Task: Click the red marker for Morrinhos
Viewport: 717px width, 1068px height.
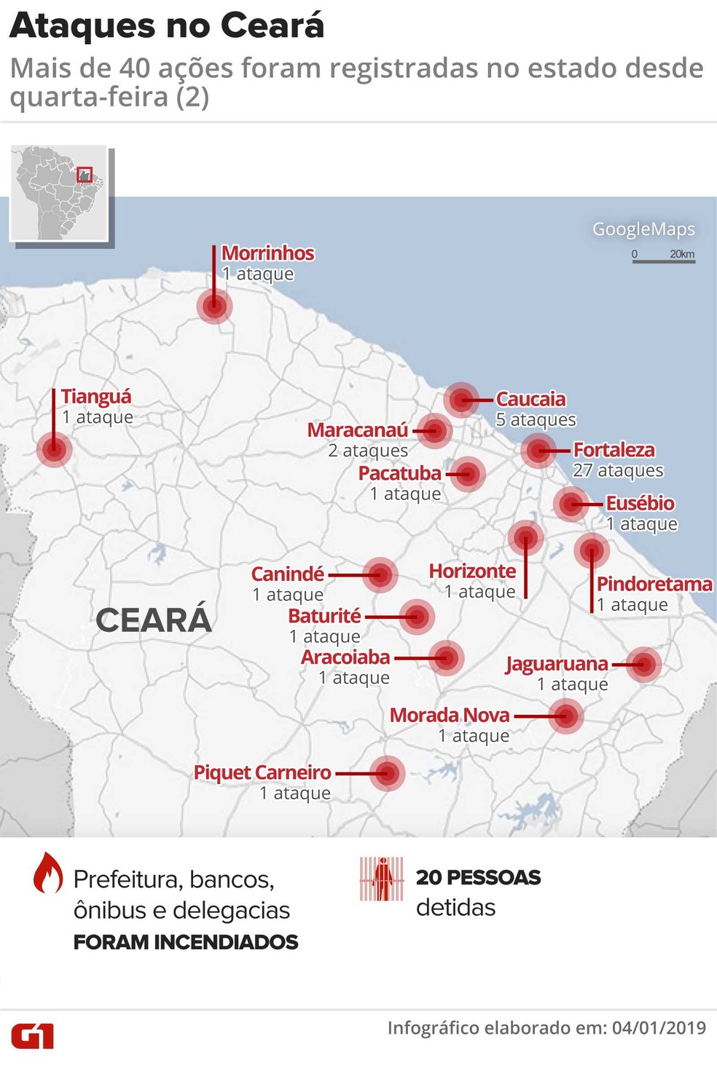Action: coord(214,306)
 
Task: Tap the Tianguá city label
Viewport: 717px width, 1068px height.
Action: coord(96,397)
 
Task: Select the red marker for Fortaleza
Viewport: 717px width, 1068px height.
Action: coord(538,451)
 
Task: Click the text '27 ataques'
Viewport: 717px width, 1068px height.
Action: coord(618,471)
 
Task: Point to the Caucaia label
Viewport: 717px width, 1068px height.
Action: coord(530,399)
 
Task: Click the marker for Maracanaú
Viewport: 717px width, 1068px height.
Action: coord(434,430)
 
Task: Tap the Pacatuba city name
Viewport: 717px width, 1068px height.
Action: coord(399,473)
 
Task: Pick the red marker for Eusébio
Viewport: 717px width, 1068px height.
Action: coord(571,503)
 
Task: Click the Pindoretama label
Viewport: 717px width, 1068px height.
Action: coord(654,584)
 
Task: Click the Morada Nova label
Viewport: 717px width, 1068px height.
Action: coord(450,715)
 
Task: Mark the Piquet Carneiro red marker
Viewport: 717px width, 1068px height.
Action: coord(387,773)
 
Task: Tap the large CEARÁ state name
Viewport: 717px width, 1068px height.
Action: coord(154,620)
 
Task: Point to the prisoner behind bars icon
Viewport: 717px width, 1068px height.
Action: coord(381,879)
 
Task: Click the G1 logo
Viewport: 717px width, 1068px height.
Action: coord(32,1035)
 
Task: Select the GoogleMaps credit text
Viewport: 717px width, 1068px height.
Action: coord(643,229)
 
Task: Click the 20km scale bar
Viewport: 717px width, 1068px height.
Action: coord(663,258)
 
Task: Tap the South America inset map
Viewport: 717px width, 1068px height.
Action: coord(60,194)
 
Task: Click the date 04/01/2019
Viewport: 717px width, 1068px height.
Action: coord(659,1028)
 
